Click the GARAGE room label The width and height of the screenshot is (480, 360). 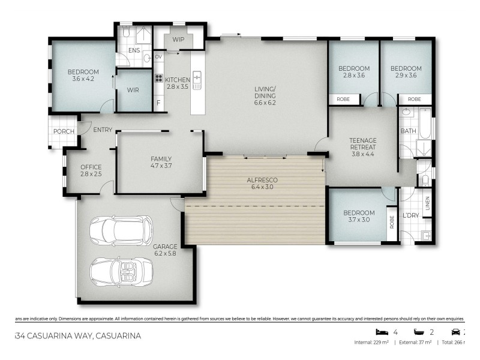click(x=164, y=246)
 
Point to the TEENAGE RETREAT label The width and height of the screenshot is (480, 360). click(x=362, y=144)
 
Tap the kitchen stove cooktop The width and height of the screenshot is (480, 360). click(x=159, y=78)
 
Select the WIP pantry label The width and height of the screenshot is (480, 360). click(x=178, y=40)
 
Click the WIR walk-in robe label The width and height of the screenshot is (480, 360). click(x=133, y=91)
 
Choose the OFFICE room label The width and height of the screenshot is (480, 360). click(x=91, y=167)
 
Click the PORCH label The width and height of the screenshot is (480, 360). click(x=64, y=131)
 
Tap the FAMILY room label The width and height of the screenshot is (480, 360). click(x=161, y=159)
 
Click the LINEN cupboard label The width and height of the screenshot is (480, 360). click(x=427, y=204)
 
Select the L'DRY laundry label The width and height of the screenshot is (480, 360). click(x=410, y=215)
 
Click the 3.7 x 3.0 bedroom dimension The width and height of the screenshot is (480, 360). click(x=359, y=220)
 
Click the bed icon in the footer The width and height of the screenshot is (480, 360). click(x=380, y=332)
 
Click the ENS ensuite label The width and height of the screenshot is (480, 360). click(x=134, y=50)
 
